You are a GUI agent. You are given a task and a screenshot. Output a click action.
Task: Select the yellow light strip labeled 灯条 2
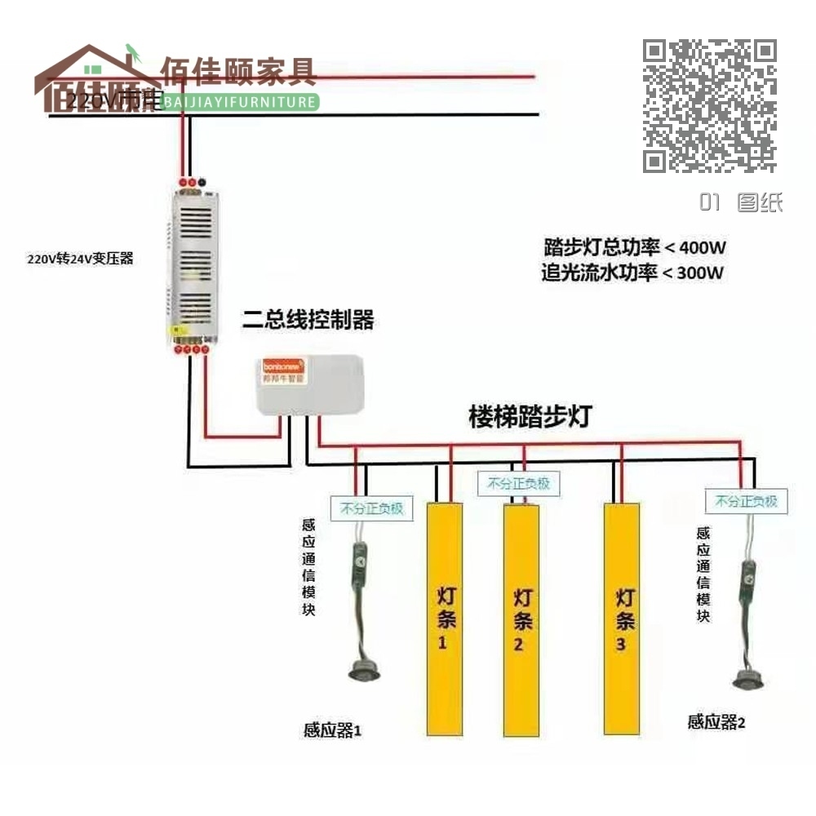tap(521, 620)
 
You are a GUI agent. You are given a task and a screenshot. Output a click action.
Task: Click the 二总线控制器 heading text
tap(308, 321)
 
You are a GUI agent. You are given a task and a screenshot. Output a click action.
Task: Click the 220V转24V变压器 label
tap(80, 259)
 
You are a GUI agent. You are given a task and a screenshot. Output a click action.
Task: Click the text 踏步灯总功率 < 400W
tap(635, 246)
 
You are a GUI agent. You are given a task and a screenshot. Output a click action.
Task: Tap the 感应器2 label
tap(716, 721)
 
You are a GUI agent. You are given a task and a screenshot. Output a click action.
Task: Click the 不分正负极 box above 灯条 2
tap(519, 483)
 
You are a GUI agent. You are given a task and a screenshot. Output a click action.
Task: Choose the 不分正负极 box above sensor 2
tap(746, 501)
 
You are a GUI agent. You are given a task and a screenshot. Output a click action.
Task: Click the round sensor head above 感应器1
tap(364, 671)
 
